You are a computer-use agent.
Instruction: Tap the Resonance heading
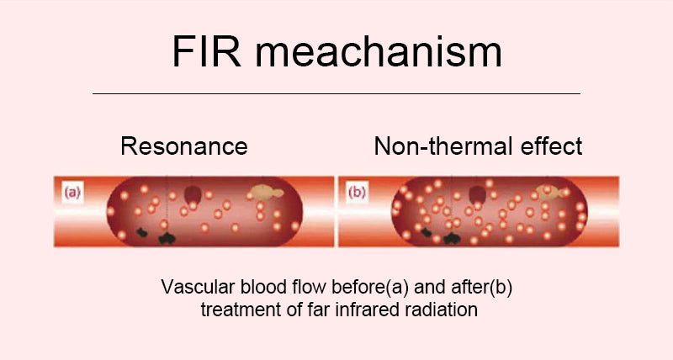pyautogui.click(x=184, y=146)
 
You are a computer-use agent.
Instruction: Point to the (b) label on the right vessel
pyautogui.click(x=358, y=192)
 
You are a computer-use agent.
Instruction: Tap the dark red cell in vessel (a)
pyautogui.click(x=193, y=193)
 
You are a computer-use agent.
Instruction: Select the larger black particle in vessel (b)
pyautogui.click(x=455, y=237)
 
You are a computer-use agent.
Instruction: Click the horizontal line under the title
pyautogui.click(x=336, y=93)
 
